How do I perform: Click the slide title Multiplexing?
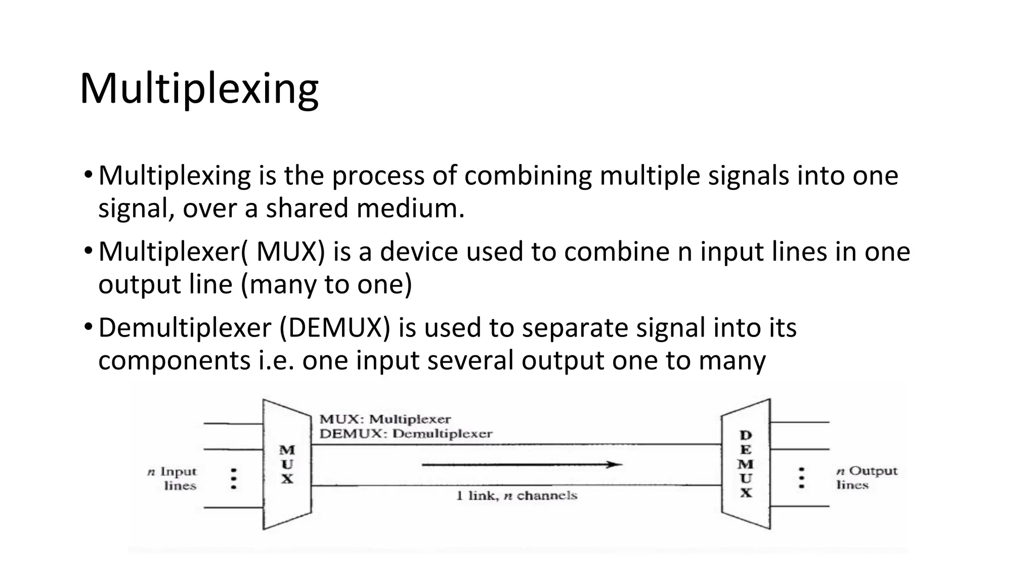[x=199, y=89]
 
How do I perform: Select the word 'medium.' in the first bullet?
[x=410, y=209]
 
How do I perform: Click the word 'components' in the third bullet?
[x=174, y=360]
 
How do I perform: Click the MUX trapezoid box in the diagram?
[x=287, y=464]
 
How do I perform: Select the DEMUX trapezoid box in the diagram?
[x=746, y=464]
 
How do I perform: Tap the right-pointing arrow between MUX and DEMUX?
[x=521, y=464]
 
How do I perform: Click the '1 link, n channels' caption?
[x=516, y=495]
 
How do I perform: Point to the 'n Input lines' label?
[x=172, y=478]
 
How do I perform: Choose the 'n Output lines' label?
[x=867, y=478]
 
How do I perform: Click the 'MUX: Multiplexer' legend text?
[x=385, y=419]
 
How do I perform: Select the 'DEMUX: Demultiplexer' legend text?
[x=406, y=434]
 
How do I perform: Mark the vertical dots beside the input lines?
[x=233, y=478]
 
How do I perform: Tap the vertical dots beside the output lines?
[x=801, y=478]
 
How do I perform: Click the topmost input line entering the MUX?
[x=233, y=423]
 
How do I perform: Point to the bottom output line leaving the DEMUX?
[x=800, y=506]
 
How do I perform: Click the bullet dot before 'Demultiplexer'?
[x=88, y=327]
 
